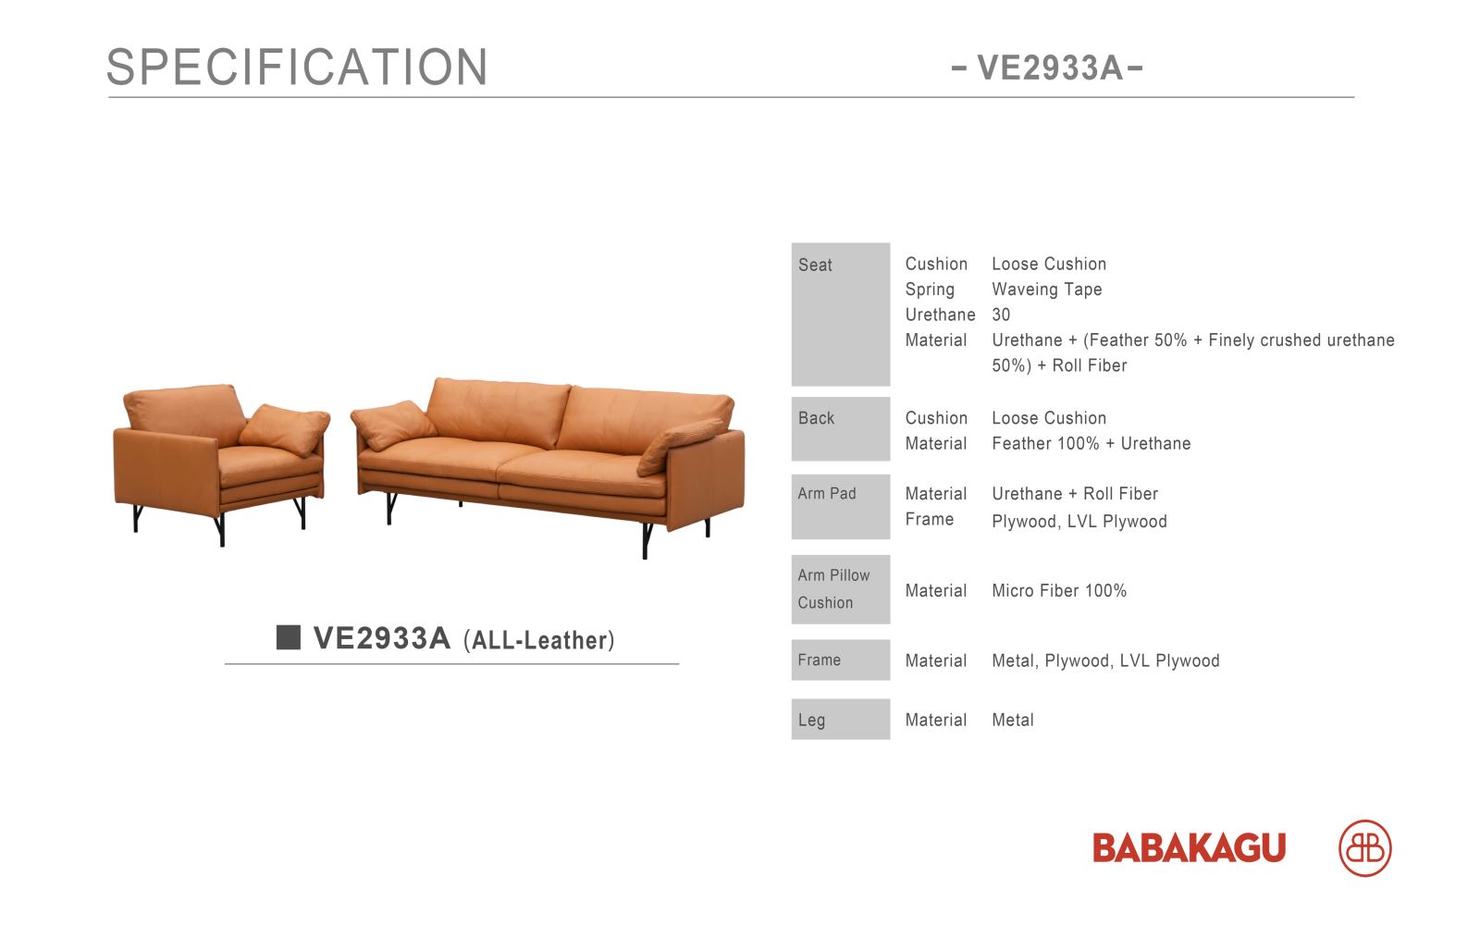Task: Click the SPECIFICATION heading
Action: pyautogui.click(x=297, y=67)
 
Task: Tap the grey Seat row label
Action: pyautogui.click(x=841, y=314)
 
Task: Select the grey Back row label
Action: pyautogui.click(x=841, y=428)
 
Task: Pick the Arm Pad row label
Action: pyautogui.click(x=841, y=506)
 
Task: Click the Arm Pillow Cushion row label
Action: pyautogui.click(x=841, y=588)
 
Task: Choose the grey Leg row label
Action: pyautogui.click(x=841, y=719)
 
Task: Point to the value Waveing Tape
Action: pyautogui.click(x=1046, y=290)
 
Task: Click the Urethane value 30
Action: pyautogui.click(x=1001, y=314)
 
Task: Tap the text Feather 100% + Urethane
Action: pyautogui.click(x=1091, y=443)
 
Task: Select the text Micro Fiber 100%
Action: pyautogui.click(x=1059, y=591)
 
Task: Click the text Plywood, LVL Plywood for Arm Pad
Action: pyautogui.click(x=1079, y=522)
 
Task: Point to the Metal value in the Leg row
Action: pyautogui.click(x=1013, y=720)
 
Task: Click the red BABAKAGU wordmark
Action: pyautogui.click(x=1189, y=847)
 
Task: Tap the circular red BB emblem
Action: pyautogui.click(x=1365, y=847)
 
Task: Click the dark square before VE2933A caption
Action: pyautogui.click(x=288, y=637)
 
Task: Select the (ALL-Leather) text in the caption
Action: pyautogui.click(x=539, y=640)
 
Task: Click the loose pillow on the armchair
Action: pyautogui.click(x=286, y=429)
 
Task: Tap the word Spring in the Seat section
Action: pyautogui.click(x=930, y=290)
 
